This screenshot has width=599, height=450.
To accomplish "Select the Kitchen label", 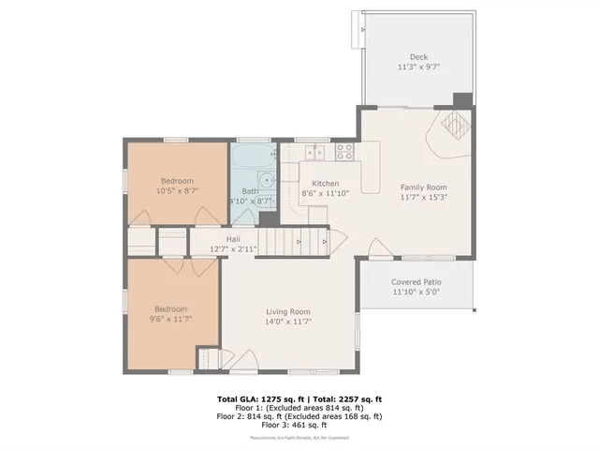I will point(325,183).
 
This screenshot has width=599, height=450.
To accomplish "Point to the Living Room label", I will point(287,311).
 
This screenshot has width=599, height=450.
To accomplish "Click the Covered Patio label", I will point(416,281).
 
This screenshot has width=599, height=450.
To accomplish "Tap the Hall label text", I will point(220,239).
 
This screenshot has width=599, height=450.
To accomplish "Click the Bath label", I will point(250,190).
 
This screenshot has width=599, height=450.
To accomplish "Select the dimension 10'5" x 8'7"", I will point(176,190).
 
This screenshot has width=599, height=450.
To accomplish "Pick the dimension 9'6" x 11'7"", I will point(171,320).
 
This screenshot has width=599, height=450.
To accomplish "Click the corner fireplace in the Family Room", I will point(452,127).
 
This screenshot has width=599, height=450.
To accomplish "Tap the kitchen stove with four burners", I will point(315,152).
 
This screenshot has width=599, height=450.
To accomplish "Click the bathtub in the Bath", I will point(252,155).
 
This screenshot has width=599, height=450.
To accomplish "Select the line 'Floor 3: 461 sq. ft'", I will point(299,425).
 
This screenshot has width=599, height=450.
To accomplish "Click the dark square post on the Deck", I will point(460,99).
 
